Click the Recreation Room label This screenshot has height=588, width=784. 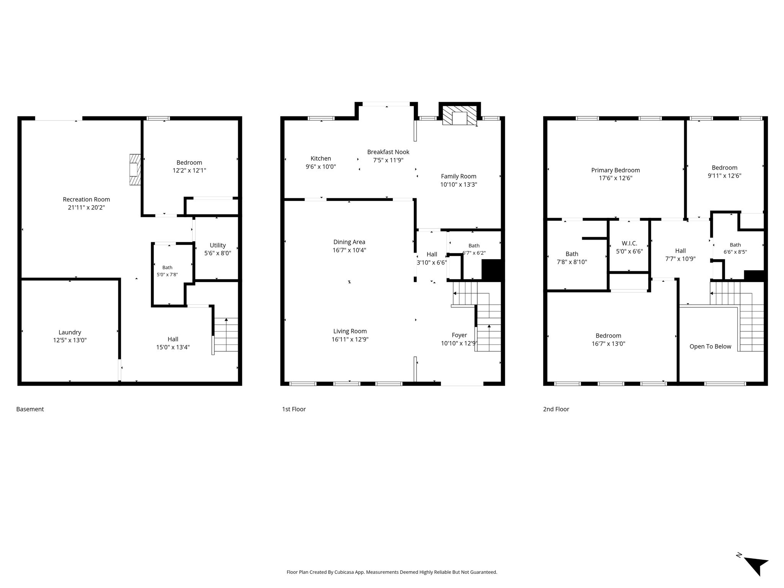(x=86, y=199)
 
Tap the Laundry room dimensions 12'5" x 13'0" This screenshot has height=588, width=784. (x=70, y=340)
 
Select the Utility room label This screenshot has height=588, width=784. (x=218, y=245)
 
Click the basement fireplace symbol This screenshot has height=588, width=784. (x=135, y=170)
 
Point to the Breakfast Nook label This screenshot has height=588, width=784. (x=388, y=152)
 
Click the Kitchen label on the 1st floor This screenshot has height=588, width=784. (x=321, y=158)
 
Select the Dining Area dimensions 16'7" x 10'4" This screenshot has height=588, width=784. (x=349, y=250)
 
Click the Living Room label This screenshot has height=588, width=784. (x=350, y=331)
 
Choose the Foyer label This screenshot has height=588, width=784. (x=459, y=335)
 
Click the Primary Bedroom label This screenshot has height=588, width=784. (x=616, y=170)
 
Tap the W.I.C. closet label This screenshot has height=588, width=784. (x=629, y=243)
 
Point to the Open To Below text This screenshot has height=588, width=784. (x=710, y=346)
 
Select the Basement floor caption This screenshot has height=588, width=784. (x=30, y=409)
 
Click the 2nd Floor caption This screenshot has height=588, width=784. (x=556, y=409)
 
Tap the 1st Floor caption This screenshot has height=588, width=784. (x=294, y=409)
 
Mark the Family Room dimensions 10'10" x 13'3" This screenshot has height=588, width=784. (x=459, y=185)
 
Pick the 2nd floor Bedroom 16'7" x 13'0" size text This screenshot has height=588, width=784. (x=608, y=344)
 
